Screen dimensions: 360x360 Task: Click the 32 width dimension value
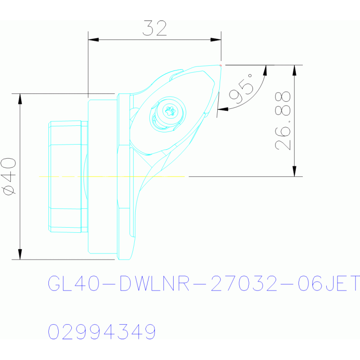pos(154,28)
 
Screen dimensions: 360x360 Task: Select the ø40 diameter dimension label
pos(8,176)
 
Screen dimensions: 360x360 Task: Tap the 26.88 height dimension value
pos(283,121)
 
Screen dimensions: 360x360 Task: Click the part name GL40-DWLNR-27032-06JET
pos(204,283)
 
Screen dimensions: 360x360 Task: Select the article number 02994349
pos(102,331)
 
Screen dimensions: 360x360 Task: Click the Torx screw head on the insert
pos(170,111)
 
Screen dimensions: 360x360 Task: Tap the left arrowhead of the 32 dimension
pos(93,40)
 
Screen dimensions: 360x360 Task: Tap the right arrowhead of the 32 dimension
pos(216,40)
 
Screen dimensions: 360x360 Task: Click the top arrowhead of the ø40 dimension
pos(20,99)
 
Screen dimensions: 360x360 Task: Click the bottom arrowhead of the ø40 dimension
pos(20,254)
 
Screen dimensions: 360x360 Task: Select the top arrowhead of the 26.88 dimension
pos(295,70)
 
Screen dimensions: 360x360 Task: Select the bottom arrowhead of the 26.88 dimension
pos(295,171)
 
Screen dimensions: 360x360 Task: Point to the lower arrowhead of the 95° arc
pos(222,109)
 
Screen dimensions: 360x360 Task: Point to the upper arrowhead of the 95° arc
pos(265,70)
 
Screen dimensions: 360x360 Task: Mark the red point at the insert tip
pos(221,65)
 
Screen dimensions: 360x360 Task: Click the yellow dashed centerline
pos(112,176)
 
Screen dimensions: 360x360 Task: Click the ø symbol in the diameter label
pos(9,190)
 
